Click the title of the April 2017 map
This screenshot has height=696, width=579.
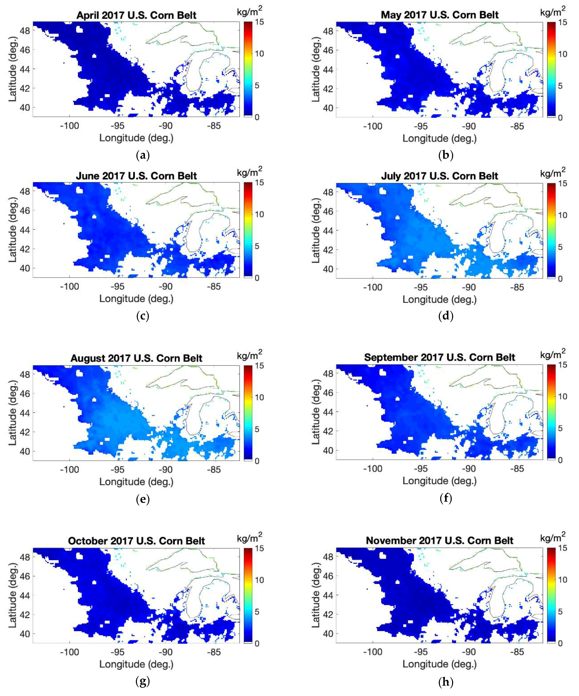pos(136,15)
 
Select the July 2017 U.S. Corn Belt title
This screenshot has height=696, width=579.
pos(439,176)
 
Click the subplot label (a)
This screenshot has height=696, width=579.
pos(143,155)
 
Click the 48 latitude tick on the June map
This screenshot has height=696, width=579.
pos(25,192)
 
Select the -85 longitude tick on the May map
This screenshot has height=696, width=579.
pos(517,126)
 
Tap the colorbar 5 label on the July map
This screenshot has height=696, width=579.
pos(560,247)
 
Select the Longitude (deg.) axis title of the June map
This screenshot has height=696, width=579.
pos(136,299)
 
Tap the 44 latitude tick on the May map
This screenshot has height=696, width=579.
pos(328,70)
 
